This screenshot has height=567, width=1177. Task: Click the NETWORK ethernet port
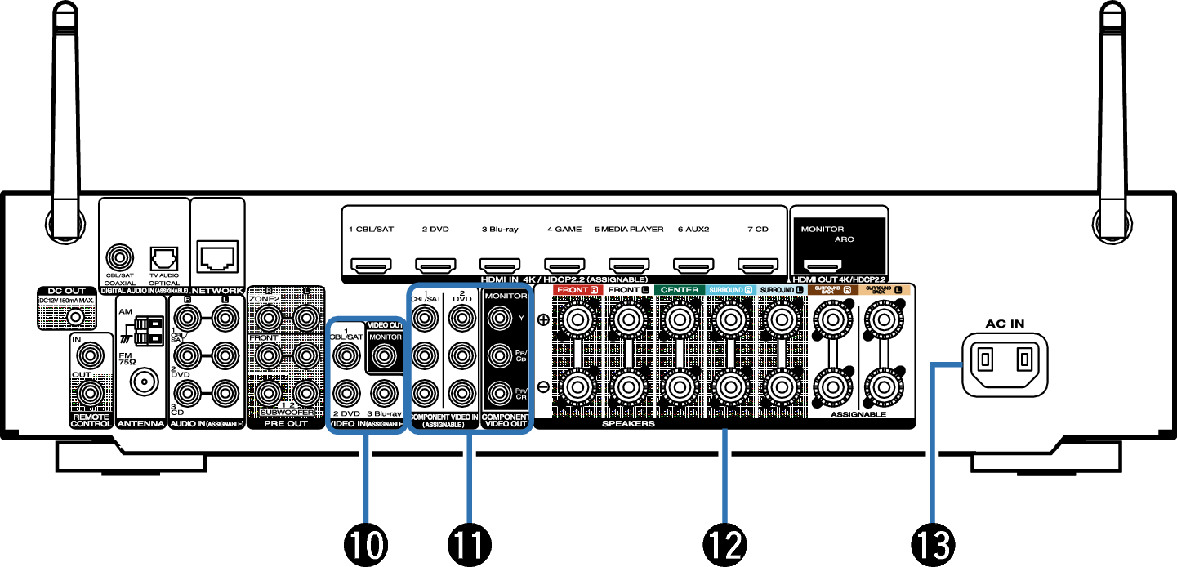[217, 256]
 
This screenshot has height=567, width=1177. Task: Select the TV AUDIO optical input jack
[163, 257]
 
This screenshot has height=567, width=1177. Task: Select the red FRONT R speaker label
[577, 290]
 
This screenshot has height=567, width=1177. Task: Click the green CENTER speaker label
[680, 290]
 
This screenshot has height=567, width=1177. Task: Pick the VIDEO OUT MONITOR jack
[384, 354]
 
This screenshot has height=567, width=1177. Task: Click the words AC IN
[1004, 323]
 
